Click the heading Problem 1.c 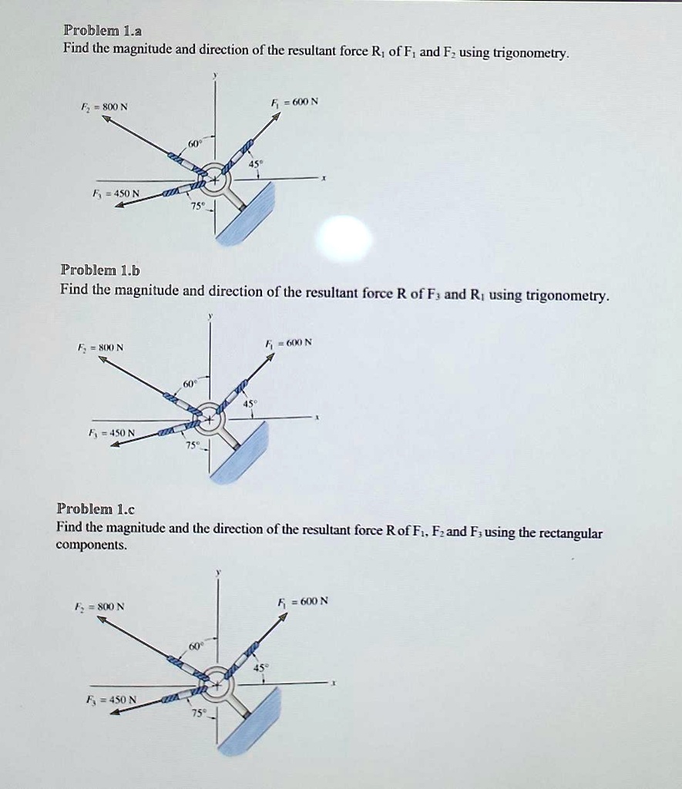point(96,509)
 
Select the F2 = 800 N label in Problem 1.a point(106,108)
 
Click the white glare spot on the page point(346,239)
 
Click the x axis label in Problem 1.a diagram point(324,178)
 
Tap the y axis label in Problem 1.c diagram point(218,572)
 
